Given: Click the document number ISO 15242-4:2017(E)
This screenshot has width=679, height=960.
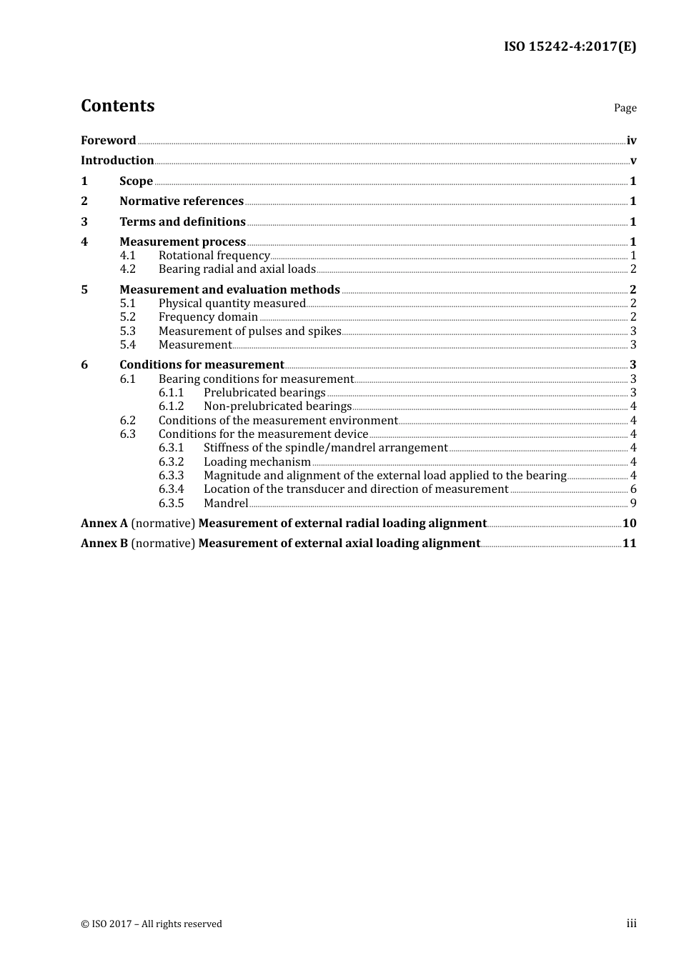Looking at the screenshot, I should click(570, 46).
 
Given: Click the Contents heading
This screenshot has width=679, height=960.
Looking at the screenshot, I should click(117, 106).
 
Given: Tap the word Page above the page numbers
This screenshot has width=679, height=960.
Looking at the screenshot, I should click(625, 108).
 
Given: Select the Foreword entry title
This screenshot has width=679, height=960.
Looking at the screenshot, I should click(108, 141).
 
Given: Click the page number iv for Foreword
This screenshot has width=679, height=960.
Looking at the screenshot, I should click(631, 141).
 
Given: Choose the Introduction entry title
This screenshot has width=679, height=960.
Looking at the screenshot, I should click(117, 161).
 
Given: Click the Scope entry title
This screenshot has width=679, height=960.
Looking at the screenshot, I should click(136, 181).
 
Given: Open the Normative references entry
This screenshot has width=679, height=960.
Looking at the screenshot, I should click(182, 201).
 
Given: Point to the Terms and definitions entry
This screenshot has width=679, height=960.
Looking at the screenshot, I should click(182, 222).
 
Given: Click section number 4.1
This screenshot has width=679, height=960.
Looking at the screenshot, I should click(128, 256).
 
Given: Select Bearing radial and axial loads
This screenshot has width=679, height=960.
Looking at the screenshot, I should click(237, 269).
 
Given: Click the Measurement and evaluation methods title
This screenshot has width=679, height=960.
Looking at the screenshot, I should click(229, 290).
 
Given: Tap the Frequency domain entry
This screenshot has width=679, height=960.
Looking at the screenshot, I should click(208, 317).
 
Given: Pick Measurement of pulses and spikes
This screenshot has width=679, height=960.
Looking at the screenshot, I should click(249, 331).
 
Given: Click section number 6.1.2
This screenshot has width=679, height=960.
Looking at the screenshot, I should click(171, 406).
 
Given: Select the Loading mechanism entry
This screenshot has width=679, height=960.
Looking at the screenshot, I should click(257, 462).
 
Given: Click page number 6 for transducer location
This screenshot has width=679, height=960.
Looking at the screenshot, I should click(633, 489).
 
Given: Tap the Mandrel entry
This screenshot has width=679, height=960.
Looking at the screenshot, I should click(226, 504).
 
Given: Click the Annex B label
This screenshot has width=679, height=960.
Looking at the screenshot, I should click(104, 544).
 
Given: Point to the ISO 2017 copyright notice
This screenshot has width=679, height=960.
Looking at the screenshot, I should click(152, 924).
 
